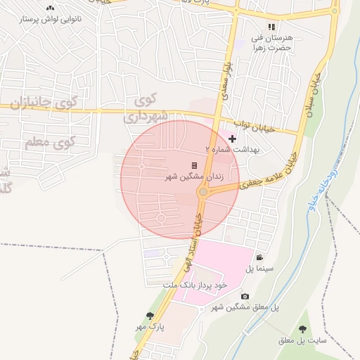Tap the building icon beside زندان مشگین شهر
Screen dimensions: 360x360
pyautogui.click(x=194, y=165)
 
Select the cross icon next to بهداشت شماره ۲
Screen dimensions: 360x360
pyautogui.click(x=233, y=139)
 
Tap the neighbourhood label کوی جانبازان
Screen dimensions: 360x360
pyautogui.click(x=48, y=103)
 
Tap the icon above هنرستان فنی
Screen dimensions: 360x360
pyautogui.click(x=271, y=26)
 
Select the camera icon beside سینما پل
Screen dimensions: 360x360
pyautogui.click(x=259, y=257)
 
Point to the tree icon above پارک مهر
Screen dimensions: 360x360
pyautogui.click(x=149, y=316)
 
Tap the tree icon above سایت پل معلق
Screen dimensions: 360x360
pyautogui.click(x=302, y=328)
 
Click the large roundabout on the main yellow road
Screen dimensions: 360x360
pyautogui.click(x=202, y=191)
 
